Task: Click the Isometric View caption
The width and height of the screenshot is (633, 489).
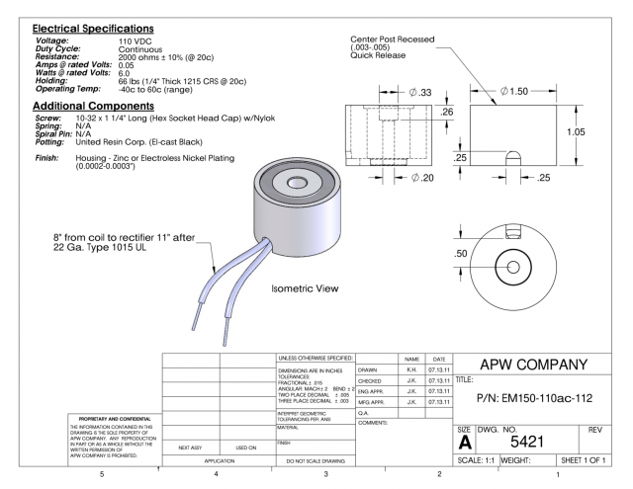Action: tap(305, 290)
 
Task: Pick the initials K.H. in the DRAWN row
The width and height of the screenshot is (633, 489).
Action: tap(409, 369)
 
